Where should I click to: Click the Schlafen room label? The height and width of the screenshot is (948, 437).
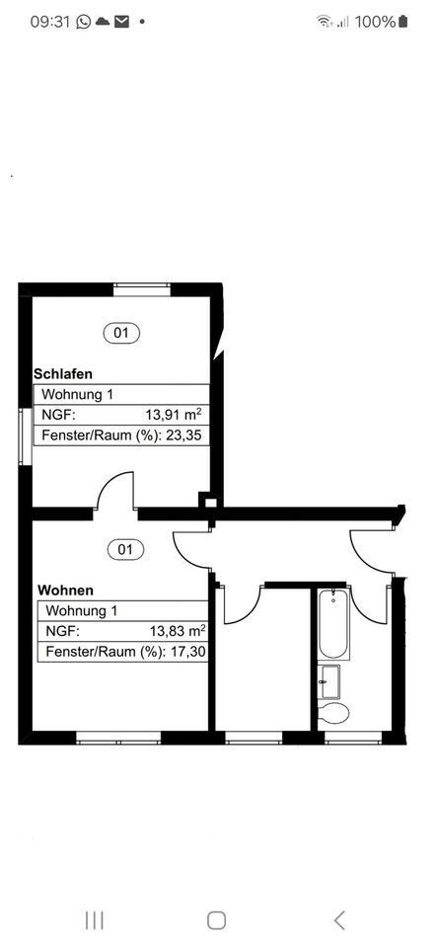(63, 374)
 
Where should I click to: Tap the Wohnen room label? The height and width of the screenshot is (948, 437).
(66, 591)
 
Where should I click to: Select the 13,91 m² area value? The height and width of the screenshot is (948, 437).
(175, 415)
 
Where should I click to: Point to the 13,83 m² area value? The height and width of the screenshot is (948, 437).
(178, 631)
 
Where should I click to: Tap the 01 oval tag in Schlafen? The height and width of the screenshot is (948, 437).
(121, 333)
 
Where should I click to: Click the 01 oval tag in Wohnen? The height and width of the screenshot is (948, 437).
(125, 549)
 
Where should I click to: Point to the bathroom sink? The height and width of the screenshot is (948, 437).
(329, 680)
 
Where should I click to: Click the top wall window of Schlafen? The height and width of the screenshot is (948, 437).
(142, 288)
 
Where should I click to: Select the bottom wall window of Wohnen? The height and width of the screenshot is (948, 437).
(118, 737)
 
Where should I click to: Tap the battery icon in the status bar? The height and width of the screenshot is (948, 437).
(402, 21)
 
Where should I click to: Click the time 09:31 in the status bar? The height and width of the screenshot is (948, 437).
(49, 21)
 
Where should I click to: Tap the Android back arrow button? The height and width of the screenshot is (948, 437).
(338, 920)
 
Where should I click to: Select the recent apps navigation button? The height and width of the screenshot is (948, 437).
(95, 920)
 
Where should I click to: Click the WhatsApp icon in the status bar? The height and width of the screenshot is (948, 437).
(83, 21)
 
